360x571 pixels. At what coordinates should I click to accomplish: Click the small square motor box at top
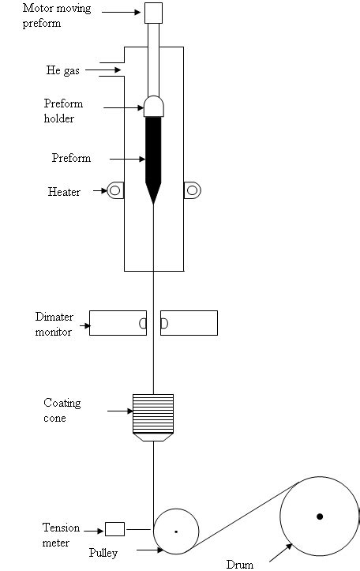(x=154, y=12)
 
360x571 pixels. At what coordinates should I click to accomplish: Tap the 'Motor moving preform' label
(x=56, y=16)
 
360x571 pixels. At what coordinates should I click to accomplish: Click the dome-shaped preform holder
(x=154, y=106)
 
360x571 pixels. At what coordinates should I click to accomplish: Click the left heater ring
(x=116, y=190)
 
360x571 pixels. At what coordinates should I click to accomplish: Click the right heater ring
(x=192, y=190)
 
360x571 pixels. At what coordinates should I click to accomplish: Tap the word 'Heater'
(x=64, y=192)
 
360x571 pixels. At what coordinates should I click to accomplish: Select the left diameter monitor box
(x=118, y=323)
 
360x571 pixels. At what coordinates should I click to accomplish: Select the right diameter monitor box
(x=189, y=323)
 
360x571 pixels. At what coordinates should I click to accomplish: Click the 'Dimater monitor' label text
(x=54, y=324)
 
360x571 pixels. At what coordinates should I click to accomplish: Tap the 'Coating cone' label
(x=62, y=411)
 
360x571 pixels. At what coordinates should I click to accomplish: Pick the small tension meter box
(x=114, y=528)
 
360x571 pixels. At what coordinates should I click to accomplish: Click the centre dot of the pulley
(x=175, y=531)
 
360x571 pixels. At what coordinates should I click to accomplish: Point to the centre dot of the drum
(x=320, y=517)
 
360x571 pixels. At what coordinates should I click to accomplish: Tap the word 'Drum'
(x=240, y=564)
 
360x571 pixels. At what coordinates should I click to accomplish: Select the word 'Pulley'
(x=103, y=553)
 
